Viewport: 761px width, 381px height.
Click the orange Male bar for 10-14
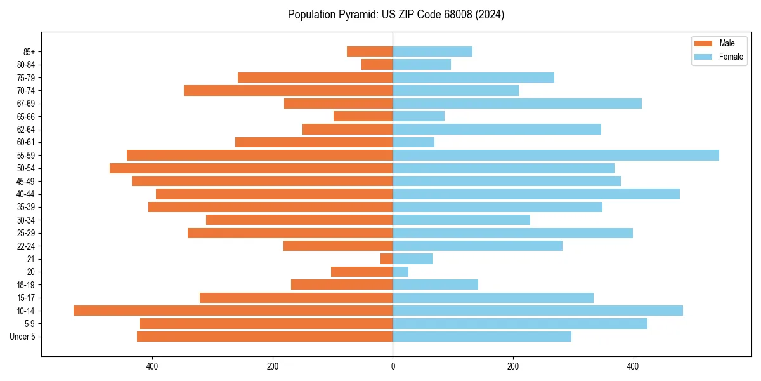pos(233,311)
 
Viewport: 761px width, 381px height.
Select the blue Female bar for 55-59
pos(556,155)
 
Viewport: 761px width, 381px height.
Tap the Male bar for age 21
pos(387,258)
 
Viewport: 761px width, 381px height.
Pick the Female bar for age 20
pos(401,272)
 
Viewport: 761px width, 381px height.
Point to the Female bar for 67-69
pos(517,104)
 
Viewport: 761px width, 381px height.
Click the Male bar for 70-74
pos(288,90)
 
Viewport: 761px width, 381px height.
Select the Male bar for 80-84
pos(377,64)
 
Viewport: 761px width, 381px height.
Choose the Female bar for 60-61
pos(413,142)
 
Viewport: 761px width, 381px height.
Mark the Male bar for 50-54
pos(251,168)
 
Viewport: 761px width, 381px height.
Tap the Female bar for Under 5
pos(482,337)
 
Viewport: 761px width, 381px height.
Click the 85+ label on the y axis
pos(29,51)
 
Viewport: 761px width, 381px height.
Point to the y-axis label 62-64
pos(26,130)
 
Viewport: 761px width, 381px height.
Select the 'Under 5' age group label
pos(23,337)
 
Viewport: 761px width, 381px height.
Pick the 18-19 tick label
pos(26,284)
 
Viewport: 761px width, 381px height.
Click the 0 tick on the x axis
pos(393,366)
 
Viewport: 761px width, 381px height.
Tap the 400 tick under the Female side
pos(633,366)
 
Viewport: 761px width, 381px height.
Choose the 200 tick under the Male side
pos(273,366)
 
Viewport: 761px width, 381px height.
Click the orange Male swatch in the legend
pos(703,43)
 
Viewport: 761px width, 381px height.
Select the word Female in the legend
pos(731,57)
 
